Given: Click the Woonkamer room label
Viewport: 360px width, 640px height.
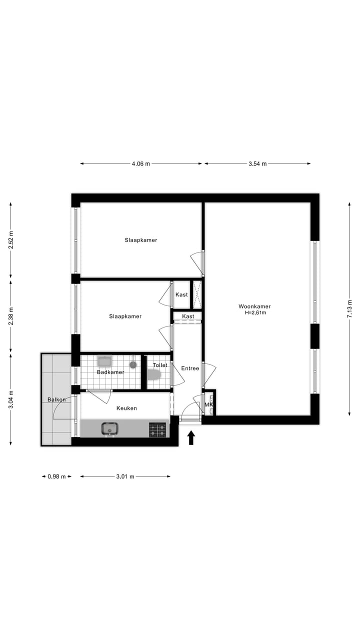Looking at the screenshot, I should [254, 306].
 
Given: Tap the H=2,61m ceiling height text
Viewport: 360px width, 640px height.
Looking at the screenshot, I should [255, 313].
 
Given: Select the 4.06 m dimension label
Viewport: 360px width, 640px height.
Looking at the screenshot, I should [140, 164].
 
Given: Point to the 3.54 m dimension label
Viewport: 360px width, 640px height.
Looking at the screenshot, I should [257, 164].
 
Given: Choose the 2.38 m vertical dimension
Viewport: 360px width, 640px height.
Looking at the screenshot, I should [11, 315].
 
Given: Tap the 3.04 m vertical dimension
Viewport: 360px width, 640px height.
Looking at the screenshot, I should [11, 399].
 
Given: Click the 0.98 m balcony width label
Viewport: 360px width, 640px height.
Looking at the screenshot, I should [56, 476].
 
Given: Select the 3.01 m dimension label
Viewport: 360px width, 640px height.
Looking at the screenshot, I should [125, 476].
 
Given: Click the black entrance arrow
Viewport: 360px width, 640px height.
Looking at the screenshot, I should [191, 438].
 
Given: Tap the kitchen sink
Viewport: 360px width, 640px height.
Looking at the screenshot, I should [109, 429].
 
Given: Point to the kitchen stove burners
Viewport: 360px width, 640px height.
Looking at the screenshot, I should [157, 429].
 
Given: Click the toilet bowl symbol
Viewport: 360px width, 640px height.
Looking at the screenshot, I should [154, 375].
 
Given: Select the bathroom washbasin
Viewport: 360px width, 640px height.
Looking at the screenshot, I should [105, 361].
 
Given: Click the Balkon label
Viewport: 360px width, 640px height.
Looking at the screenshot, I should [56, 399].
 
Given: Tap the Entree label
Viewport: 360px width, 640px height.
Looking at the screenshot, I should [190, 368].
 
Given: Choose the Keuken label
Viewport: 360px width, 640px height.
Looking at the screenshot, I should [126, 408].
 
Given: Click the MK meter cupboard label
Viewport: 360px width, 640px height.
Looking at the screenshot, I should [208, 404].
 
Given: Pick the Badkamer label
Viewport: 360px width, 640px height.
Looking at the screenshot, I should [110, 372].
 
